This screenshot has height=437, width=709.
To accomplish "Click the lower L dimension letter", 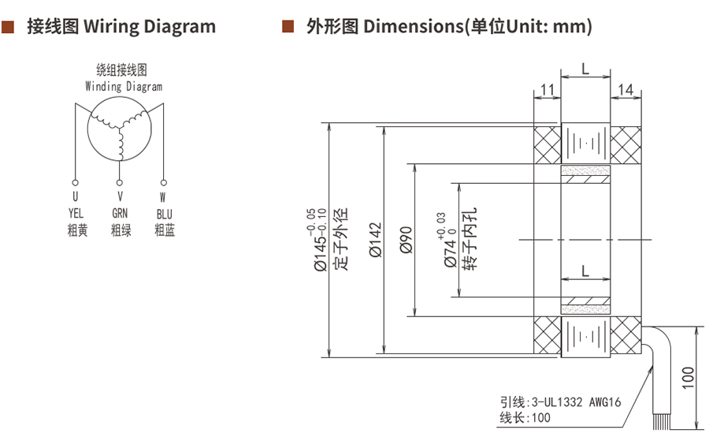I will coord(585,271).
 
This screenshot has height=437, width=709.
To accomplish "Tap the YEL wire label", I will coord(76,213).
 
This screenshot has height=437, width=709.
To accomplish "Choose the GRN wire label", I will coord(120,213).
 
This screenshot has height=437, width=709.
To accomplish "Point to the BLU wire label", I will coord(164,213).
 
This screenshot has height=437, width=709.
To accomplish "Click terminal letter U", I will coord(76,196).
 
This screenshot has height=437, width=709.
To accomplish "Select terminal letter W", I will coord(163,196).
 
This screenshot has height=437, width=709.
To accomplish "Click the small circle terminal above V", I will coord(120,181).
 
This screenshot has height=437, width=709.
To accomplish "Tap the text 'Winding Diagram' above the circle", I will coord(124,87).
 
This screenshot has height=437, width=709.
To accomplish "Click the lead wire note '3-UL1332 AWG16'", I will coord(576,402).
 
